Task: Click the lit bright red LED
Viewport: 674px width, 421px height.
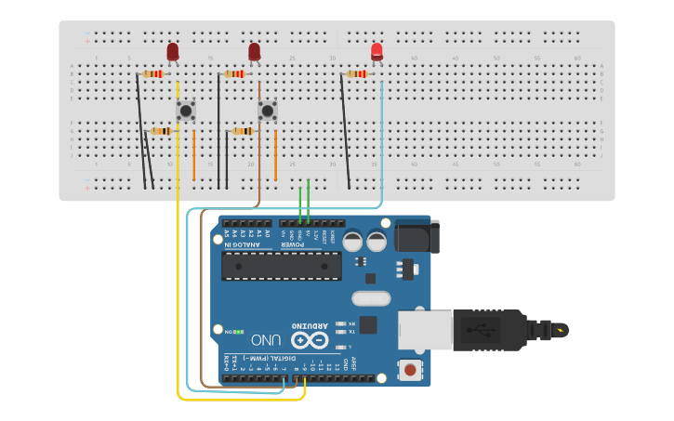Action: tap(377, 51)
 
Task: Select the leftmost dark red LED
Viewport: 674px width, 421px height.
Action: tap(173, 51)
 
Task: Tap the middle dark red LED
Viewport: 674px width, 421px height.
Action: tap(254, 51)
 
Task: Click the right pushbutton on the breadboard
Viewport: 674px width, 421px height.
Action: tap(268, 112)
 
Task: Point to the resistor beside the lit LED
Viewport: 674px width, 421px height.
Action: tap(356, 73)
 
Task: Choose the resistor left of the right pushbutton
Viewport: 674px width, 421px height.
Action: tap(243, 131)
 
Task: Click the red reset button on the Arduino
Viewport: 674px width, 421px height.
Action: tap(409, 370)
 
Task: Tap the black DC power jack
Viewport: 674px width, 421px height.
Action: tap(416, 236)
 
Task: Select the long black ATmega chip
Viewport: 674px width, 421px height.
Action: tap(281, 266)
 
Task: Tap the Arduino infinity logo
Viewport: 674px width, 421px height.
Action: tap(310, 340)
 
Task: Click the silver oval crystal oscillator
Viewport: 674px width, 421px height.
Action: tap(371, 298)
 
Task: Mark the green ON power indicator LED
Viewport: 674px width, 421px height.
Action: tap(238, 332)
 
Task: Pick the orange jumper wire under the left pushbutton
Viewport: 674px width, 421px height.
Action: tap(193, 155)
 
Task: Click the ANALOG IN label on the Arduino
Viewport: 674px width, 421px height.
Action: tap(247, 243)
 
